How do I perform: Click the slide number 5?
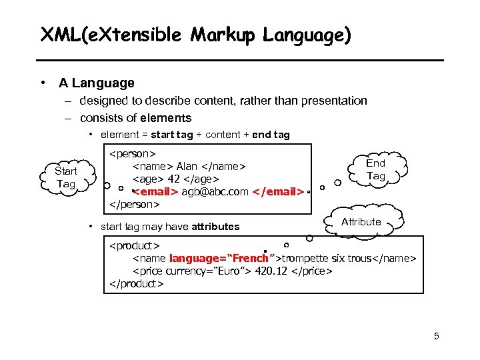(x=436, y=336)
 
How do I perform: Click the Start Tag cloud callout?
(x=66, y=177)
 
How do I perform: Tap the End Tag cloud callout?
(x=376, y=169)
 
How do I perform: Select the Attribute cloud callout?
(x=361, y=222)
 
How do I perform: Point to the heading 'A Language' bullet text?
(x=96, y=83)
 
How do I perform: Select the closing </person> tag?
(x=134, y=204)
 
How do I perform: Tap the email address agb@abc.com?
(x=215, y=192)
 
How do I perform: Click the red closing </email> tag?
(x=279, y=192)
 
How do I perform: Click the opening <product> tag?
(x=134, y=246)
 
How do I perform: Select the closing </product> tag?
(x=136, y=283)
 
